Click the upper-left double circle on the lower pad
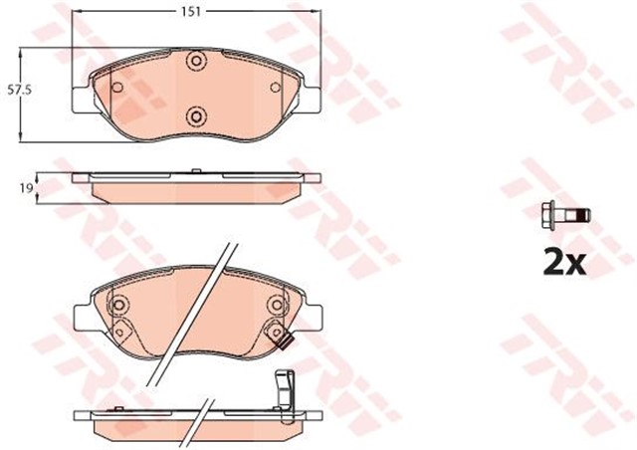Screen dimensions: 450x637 coord(120,306)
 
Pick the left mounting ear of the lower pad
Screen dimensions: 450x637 coord(83,318)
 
